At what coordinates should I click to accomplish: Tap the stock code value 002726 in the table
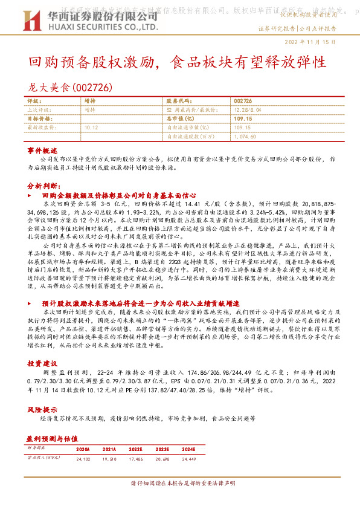(x=242, y=101)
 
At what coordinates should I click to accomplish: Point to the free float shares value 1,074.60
(x=246, y=137)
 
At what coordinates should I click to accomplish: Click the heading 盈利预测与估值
(x=50, y=437)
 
